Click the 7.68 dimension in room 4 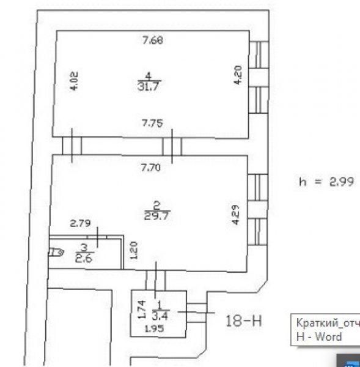(x=153, y=40)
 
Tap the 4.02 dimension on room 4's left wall (x=75, y=81)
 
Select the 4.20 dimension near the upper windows (x=238, y=75)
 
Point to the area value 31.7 (x=149, y=86)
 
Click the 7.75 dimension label (x=153, y=123)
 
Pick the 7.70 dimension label (x=151, y=168)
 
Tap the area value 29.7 (x=156, y=215)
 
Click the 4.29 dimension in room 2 (x=236, y=215)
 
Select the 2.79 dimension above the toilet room (x=80, y=223)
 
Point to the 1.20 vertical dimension (x=134, y=250)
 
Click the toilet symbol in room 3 (x=56, y=252)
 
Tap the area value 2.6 (x=84, y=259)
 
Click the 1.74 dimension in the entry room (x=142, y=310)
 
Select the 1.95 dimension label (x=155, y=329)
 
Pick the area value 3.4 (x=160, y=316)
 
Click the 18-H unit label (x=243, y=321)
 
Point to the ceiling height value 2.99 (x=342, y=182)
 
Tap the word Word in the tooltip (x=328, y=336)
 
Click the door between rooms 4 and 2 (x=172, y=146)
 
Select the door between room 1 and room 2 (x=156, y=280)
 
